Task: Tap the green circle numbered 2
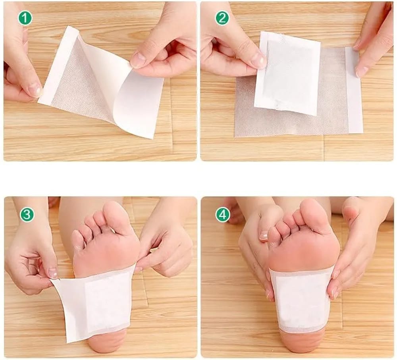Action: point(222,18)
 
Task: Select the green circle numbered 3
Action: point(27,215)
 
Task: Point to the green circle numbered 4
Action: point(223,215)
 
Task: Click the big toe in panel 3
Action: point(119,217)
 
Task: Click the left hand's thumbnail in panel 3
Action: point(53,273)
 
